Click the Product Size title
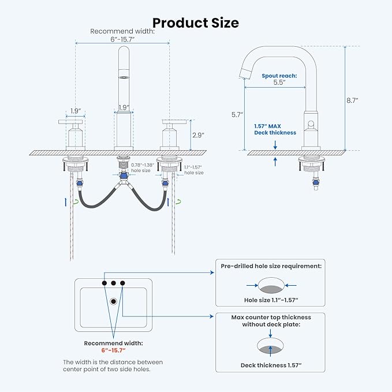click(196, 23)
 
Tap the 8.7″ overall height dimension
click(352, 100)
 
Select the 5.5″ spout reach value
click(279, 82)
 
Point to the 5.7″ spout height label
click(237, 115)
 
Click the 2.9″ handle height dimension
click(198, 135)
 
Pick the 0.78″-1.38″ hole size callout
click(143, 168)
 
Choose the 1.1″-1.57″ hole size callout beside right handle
click(194, 170)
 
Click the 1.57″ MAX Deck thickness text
click(275, 129)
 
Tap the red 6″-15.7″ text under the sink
click(113, 350)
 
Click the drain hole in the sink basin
click(114, 301)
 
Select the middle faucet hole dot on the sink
click(114, 283)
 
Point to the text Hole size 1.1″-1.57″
click(271, 300)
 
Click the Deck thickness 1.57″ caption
click(271, 365)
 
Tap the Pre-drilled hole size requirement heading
click(271, 266)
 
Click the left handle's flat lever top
click(70, 122)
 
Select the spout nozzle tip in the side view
click(245, 73)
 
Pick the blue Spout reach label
click(279, 76)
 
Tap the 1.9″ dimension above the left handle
click(76, 111)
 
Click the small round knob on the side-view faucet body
click(311, 124)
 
